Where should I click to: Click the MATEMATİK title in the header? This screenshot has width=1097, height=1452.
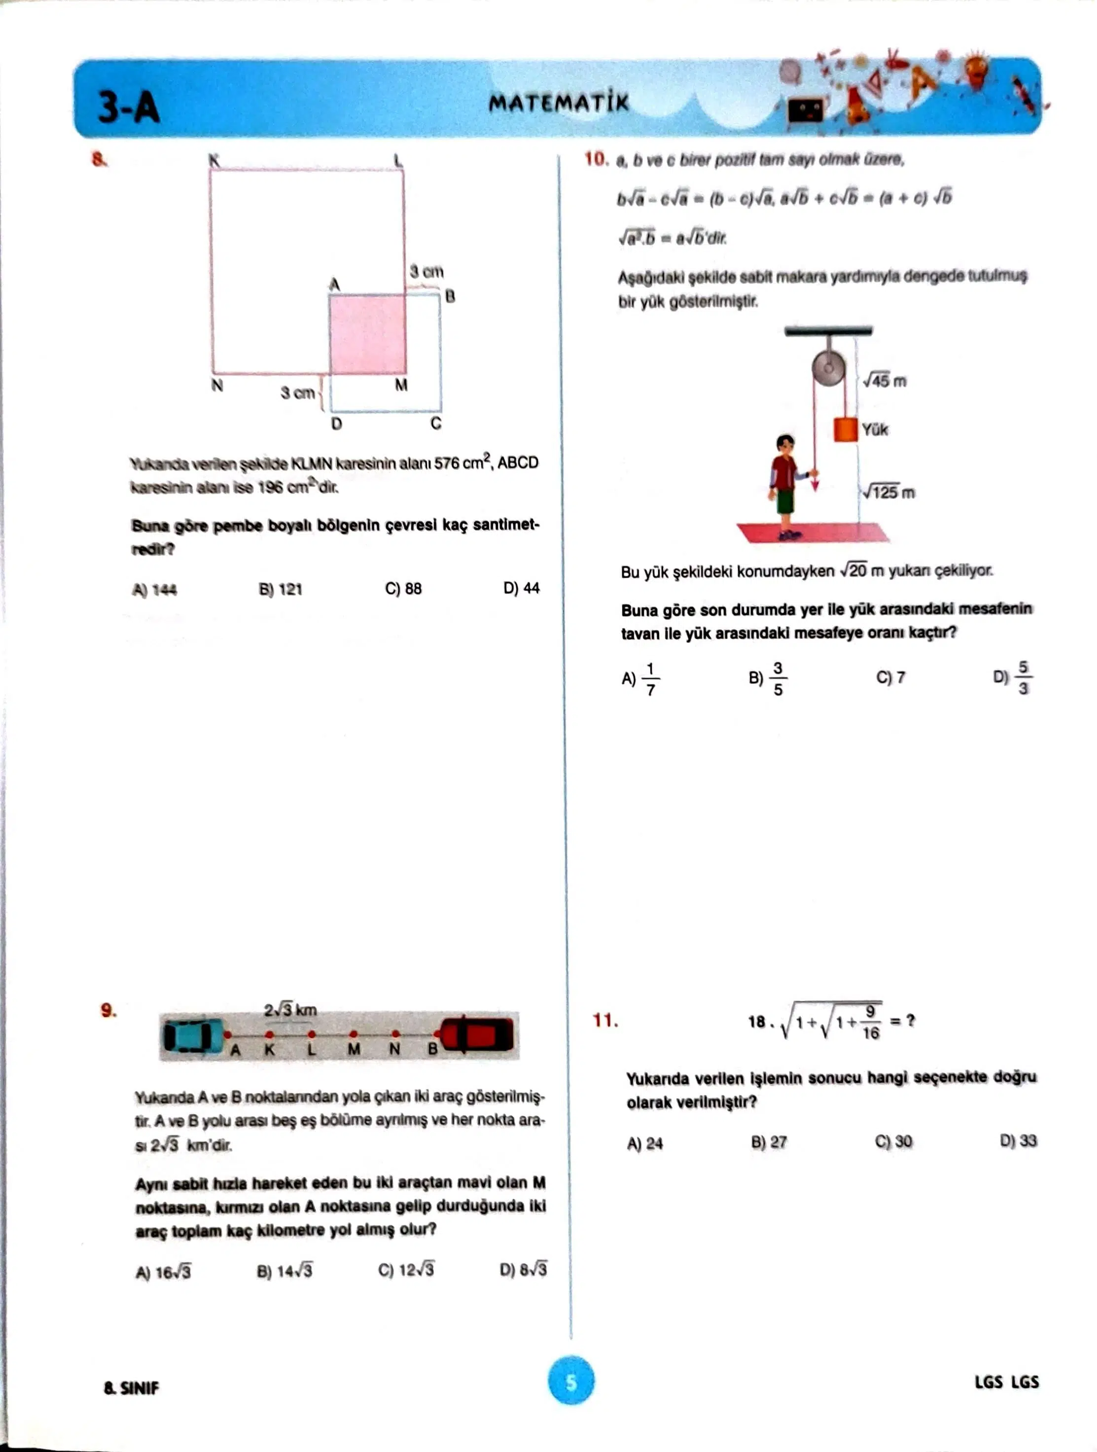[558, 103]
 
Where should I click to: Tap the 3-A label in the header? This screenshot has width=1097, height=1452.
[129, 107]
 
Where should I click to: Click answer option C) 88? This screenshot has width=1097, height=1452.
[403, 589]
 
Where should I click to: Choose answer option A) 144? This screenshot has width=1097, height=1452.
[154, 590]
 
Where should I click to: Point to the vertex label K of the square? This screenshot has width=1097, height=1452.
[214, 160]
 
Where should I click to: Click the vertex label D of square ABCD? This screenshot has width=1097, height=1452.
[336, 424]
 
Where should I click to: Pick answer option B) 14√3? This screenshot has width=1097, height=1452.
[284, 1272]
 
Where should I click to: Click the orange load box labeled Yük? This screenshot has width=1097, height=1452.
[846, 429]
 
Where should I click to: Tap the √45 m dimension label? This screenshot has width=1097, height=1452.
[885, 381]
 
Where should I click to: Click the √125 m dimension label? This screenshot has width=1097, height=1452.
[888, 493]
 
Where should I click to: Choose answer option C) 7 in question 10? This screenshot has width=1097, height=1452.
[890, 677]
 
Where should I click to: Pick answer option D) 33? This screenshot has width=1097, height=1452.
[1018, 1141]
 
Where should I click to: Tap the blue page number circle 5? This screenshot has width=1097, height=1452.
[571, 1382]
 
